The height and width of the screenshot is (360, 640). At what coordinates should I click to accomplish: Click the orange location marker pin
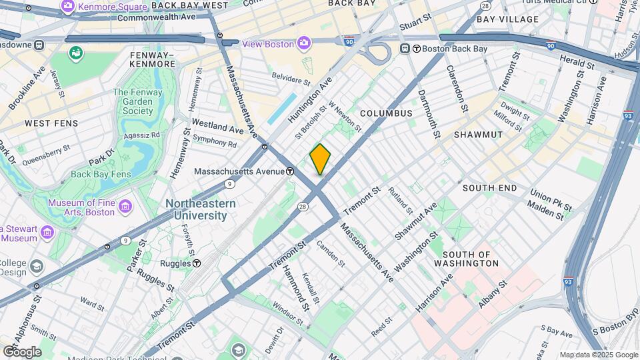coord(320,159)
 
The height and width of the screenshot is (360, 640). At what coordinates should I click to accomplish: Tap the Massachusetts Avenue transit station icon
coord(291,171)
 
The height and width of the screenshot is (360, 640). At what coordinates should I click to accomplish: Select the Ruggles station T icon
coord(197,263)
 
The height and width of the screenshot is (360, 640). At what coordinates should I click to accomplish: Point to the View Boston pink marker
coord(304,44)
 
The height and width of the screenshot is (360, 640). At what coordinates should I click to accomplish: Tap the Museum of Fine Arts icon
coord(125,207)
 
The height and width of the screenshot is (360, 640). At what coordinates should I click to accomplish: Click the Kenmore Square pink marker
coord(67,7)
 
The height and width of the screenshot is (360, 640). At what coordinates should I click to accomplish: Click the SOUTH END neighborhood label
coord(489,188)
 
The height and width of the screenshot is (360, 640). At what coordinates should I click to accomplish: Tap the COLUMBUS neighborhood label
coord(387,113)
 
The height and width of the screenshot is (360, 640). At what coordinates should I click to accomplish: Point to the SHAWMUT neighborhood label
coord(478,135)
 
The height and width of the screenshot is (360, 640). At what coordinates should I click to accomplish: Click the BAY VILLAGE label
coord(507,19)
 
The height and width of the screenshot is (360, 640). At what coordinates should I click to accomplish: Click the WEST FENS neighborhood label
coord(51,123)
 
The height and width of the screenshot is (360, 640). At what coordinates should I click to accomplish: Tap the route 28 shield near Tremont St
coord(303,207)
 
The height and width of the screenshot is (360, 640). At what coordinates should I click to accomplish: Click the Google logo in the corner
coord(21,351)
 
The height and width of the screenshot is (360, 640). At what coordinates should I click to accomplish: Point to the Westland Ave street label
coord(217,125)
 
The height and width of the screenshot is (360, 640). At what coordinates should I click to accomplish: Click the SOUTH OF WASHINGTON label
coord(466,259)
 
